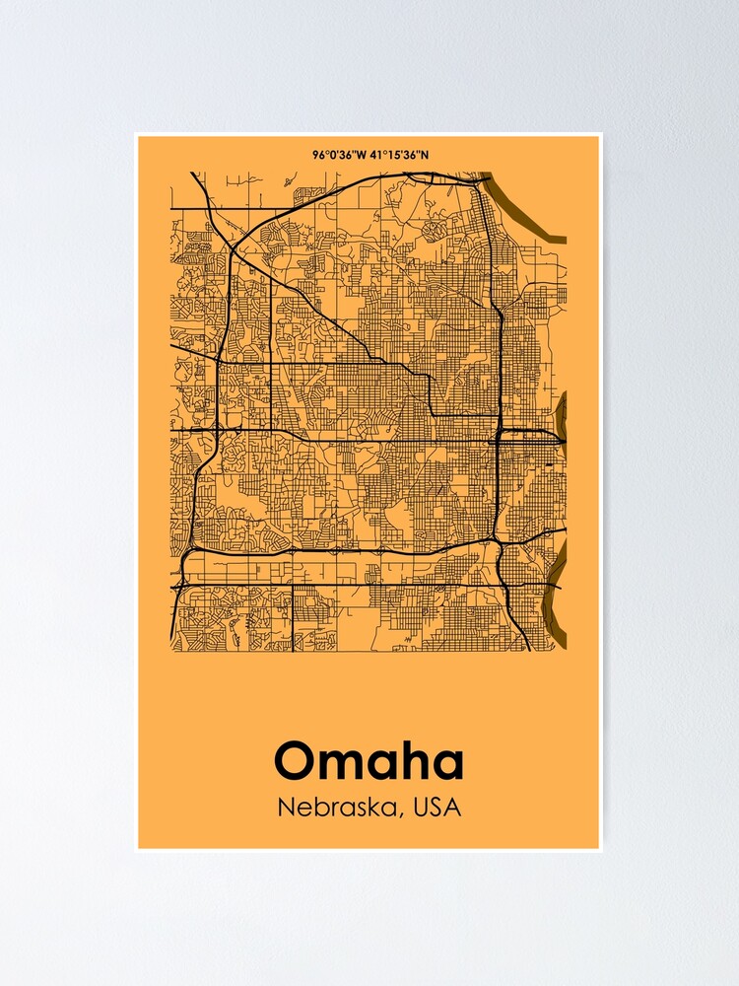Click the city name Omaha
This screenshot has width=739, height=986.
369,761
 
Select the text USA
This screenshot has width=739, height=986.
437,807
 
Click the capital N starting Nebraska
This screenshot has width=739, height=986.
286,807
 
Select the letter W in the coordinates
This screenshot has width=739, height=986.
362,155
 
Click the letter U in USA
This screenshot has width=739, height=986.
421,807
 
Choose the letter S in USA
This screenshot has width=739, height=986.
437,807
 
